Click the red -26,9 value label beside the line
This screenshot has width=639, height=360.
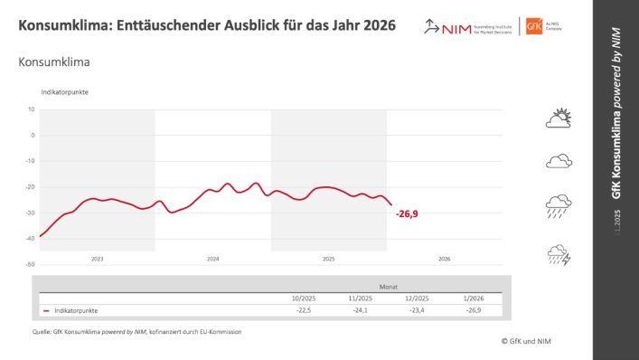tap(407, 213)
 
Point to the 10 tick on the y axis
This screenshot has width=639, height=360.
tap(31, 109)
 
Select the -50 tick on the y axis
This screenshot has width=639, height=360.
tap(30, 265)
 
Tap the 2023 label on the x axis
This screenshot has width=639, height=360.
tap(98, 258)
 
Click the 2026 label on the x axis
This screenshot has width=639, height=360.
tap(444, 258)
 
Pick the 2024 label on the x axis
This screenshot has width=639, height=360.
tap(213, 258)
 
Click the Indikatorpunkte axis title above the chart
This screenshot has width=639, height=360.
tap(64, 92)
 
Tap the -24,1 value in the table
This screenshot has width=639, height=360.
tap(359, 310)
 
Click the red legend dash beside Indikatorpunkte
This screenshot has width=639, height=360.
tap(46, 310)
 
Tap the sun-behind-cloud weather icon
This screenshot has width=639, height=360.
tap(559, 118)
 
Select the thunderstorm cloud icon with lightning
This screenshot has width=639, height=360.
tap(559, 255)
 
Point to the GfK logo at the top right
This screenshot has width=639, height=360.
tap(559, 26)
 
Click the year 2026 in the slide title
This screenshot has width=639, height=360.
tap(375, 25)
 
